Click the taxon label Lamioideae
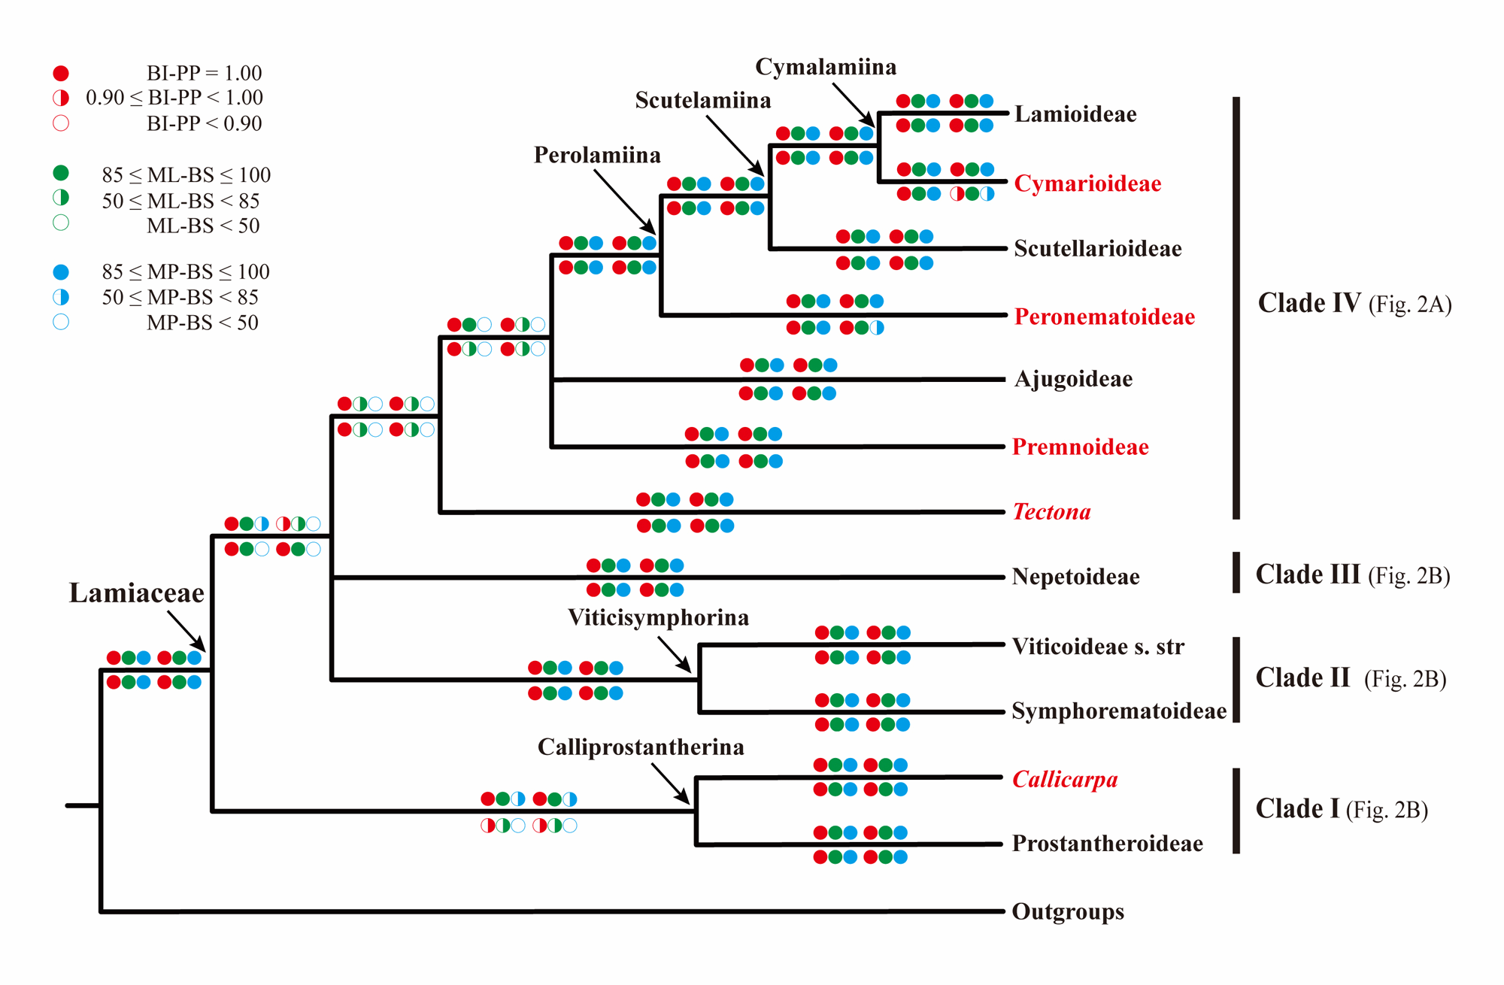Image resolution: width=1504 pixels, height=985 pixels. click(x=1075, y=114)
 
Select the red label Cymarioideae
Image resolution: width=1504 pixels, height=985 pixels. click(x=1087, y=183)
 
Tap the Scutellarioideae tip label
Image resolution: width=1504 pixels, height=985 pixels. click(x=1097, y=249)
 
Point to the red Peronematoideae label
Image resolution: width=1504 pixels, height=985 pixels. click(x=1104, y=317)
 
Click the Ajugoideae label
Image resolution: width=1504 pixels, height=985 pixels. click(x=1073, y=379)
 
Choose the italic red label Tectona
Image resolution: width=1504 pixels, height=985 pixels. click(x=1051, y=512)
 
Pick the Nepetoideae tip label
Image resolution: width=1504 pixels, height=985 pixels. click(x=1075, y=577)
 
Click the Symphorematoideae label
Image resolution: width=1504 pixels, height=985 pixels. click(x=1118, y=711)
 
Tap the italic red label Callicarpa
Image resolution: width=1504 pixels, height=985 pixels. click(x=1065, y=780)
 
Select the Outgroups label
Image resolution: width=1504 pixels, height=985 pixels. click(x=1068, y=912)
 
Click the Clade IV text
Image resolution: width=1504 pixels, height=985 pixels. click(x=1308, y=303)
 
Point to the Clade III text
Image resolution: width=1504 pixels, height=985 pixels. click(x=1307, y=574)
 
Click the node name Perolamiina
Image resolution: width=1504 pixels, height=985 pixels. click(x=597, y=155)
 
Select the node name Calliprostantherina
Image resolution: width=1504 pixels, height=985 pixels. click(x=641, y=747)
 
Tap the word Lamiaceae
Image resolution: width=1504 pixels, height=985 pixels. click(x=136, y=593)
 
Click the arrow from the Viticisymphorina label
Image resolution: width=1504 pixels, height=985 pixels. click(x=674, y=654)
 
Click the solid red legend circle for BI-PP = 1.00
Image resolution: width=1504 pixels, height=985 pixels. click(x=61, y=73)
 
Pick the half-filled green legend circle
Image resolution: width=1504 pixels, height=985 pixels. click(x=61, y=198)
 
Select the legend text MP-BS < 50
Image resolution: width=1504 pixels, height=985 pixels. click(x=202, y=323)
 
